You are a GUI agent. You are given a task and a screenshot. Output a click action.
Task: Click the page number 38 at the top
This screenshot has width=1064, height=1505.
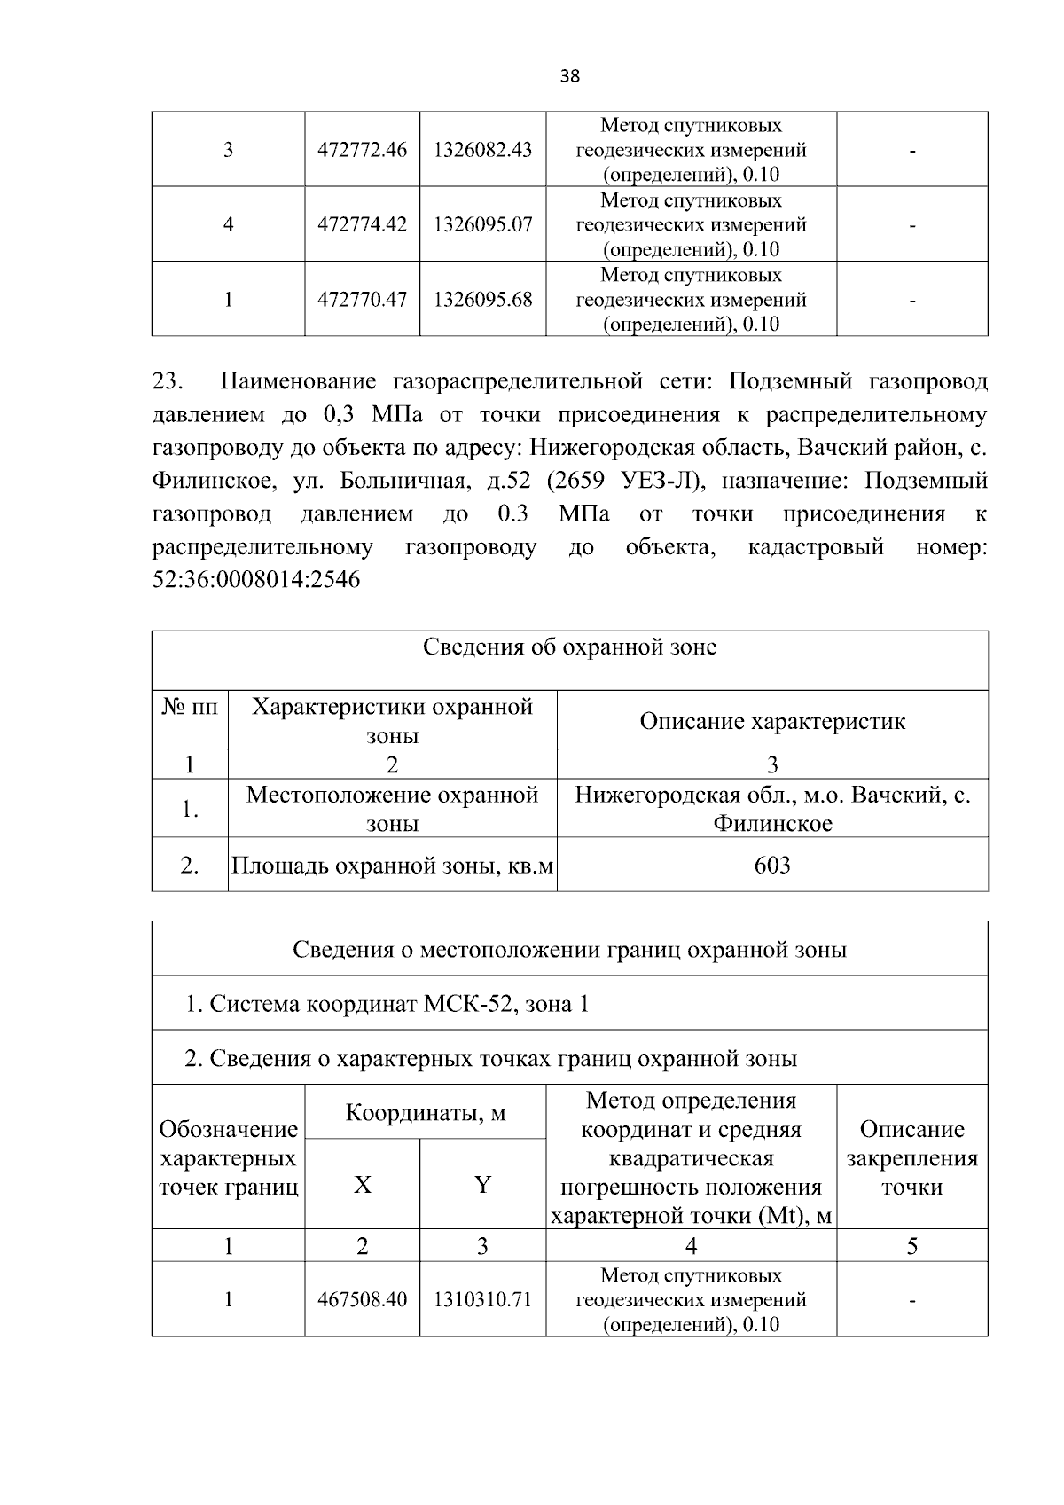[x=570, y=76]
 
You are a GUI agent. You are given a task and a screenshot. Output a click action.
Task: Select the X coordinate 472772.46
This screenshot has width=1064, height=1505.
[x=362, y=150]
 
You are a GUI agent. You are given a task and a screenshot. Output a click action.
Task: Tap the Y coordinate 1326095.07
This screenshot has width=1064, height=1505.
[x=482, y=224]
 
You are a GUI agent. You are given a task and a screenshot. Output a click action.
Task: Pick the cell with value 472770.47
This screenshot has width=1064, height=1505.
[x=362, y=300]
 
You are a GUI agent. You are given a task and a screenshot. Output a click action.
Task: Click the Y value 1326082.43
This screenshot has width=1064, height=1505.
[x=482, y=150]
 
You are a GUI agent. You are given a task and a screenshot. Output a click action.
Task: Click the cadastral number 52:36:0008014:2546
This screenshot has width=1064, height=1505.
[x=256, y=581]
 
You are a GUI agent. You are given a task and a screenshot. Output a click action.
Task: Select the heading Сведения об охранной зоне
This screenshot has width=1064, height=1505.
[x=569, y=647]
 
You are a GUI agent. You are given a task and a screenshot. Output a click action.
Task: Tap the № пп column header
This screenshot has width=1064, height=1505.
[x=190, y=708]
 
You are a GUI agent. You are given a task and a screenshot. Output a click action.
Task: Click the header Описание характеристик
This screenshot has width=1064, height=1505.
[x=772, y=721]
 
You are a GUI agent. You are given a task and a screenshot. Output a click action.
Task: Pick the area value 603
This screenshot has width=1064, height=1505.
[x=772, y=865]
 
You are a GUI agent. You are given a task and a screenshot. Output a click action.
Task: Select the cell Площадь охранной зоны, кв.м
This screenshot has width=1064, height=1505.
[x=392, y=865]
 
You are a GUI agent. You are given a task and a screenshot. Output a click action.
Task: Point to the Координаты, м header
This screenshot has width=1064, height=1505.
[x=425, y=1112]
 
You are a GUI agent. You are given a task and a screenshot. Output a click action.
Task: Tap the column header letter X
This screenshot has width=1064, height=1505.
[x=362, y=1185]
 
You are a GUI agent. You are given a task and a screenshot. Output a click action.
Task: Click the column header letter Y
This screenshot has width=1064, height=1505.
[x=482, y=1185]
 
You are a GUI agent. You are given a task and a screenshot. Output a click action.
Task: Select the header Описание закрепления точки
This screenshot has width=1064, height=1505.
[x=911, y=1157]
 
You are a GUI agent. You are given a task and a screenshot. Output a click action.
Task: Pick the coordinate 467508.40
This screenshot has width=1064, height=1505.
[x=362, y=1300]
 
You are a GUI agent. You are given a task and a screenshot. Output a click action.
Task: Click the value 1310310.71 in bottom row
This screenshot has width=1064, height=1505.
[x=482, y=1300]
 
